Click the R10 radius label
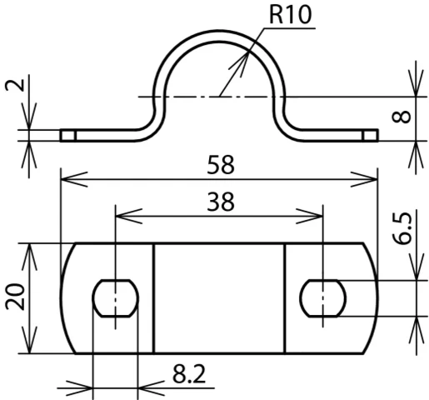pyautogui.click(x=290, y=14)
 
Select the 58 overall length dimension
pyautogui.click(x=221, y=165)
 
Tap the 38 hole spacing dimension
pyautogui.click(x=221, y=202)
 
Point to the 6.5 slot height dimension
pyautogui.click(x=402, y=228)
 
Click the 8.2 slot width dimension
pyautogui.click(x=189, y=374)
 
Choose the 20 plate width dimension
pyautogui.click(x=16, y=297)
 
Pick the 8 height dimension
pyautogui.click(x=401, y=117)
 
